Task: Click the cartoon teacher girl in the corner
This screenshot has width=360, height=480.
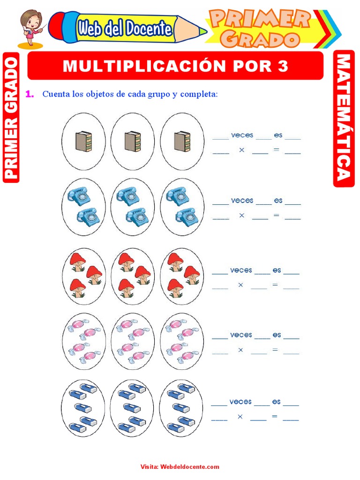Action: (31, 27)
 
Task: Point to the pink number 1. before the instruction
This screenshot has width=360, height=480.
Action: (30, 94)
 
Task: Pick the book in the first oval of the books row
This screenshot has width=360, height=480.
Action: (83, 141)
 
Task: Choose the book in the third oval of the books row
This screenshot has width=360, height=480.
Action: (182, 141)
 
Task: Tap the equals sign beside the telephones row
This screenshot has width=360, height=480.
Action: (276, 215)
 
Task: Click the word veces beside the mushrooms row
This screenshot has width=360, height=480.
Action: (241, 270)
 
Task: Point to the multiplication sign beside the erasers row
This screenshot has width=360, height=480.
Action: (240, 416)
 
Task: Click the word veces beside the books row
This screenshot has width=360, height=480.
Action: (242, 135)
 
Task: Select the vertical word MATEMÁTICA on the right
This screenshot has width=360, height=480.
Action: (344, 118)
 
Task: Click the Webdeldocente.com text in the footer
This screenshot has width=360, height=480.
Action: (190, 466)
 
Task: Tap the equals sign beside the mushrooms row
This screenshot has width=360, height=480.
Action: (275, 285)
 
